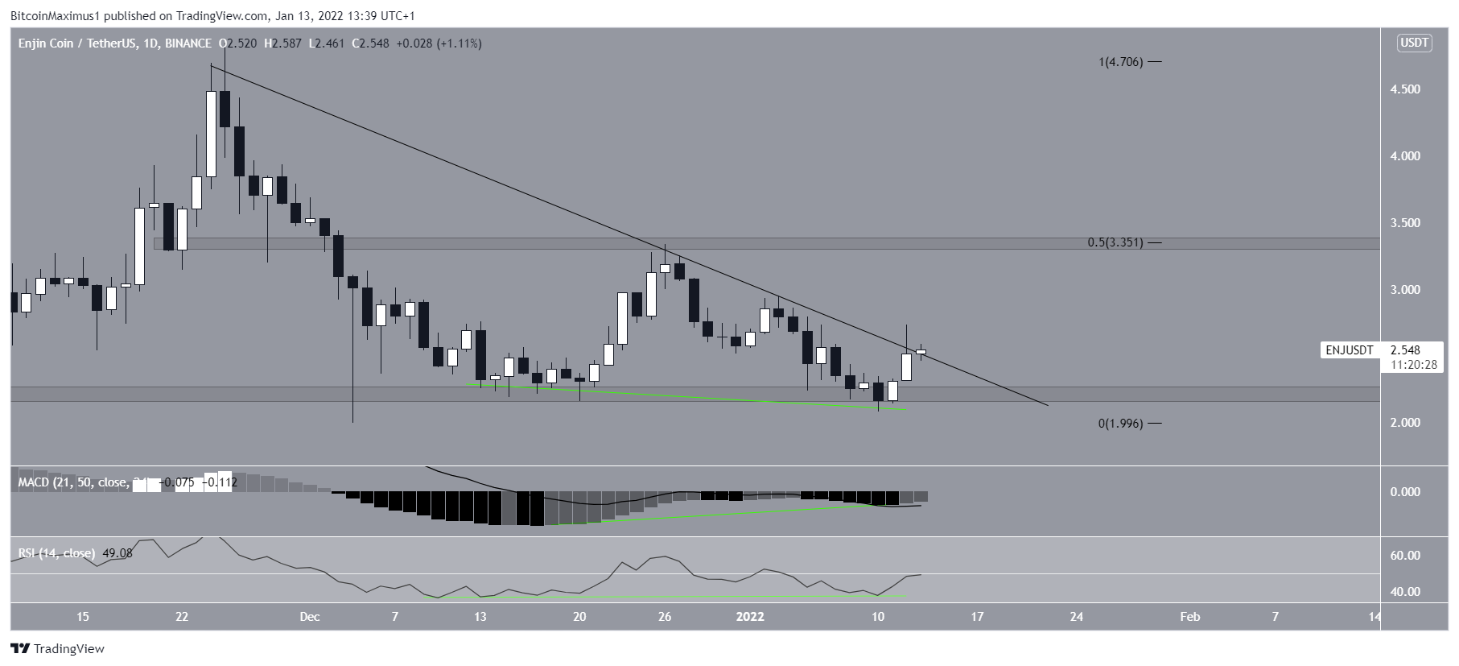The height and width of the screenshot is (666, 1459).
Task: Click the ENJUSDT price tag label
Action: pos(1350,350)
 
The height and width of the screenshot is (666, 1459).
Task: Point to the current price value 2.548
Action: pos(1404,350)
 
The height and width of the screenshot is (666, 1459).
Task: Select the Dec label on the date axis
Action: pos(310,617)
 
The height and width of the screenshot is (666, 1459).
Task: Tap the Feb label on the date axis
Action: pos(1189,617)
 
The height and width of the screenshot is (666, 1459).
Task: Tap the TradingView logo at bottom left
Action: pos(58,648)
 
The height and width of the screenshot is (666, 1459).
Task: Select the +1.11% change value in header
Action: pos(459,43)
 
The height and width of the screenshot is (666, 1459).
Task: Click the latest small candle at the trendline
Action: pos(921,352)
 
